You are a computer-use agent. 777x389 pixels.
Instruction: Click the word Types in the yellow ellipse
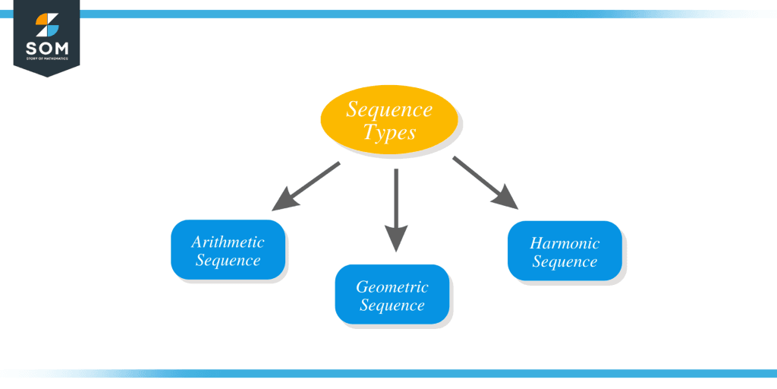point(389,132)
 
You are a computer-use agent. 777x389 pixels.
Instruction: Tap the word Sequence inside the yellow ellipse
point(389,109)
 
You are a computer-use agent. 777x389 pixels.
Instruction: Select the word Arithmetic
point(228,242)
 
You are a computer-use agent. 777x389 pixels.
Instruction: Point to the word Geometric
point(392,287)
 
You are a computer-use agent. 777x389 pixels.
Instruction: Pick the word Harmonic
point(565,244)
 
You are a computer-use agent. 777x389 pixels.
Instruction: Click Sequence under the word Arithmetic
point(228,261)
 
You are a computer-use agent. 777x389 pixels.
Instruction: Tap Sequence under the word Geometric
point(392,306)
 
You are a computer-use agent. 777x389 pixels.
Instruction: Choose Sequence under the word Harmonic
point(565,262)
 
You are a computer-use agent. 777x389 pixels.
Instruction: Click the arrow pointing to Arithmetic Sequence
point(306,185)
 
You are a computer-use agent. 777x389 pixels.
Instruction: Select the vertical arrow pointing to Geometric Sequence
point(395,209)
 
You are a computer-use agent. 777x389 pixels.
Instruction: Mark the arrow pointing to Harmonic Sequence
point(486,182)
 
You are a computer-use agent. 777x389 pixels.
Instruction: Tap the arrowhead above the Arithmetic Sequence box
point(283,201)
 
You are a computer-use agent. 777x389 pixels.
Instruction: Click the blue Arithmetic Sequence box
point(228,250)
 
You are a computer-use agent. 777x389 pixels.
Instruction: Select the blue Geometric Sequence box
point(392,295)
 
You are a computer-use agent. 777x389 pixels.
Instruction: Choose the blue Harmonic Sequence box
point(565,251)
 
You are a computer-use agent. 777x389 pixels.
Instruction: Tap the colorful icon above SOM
point(46,25)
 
